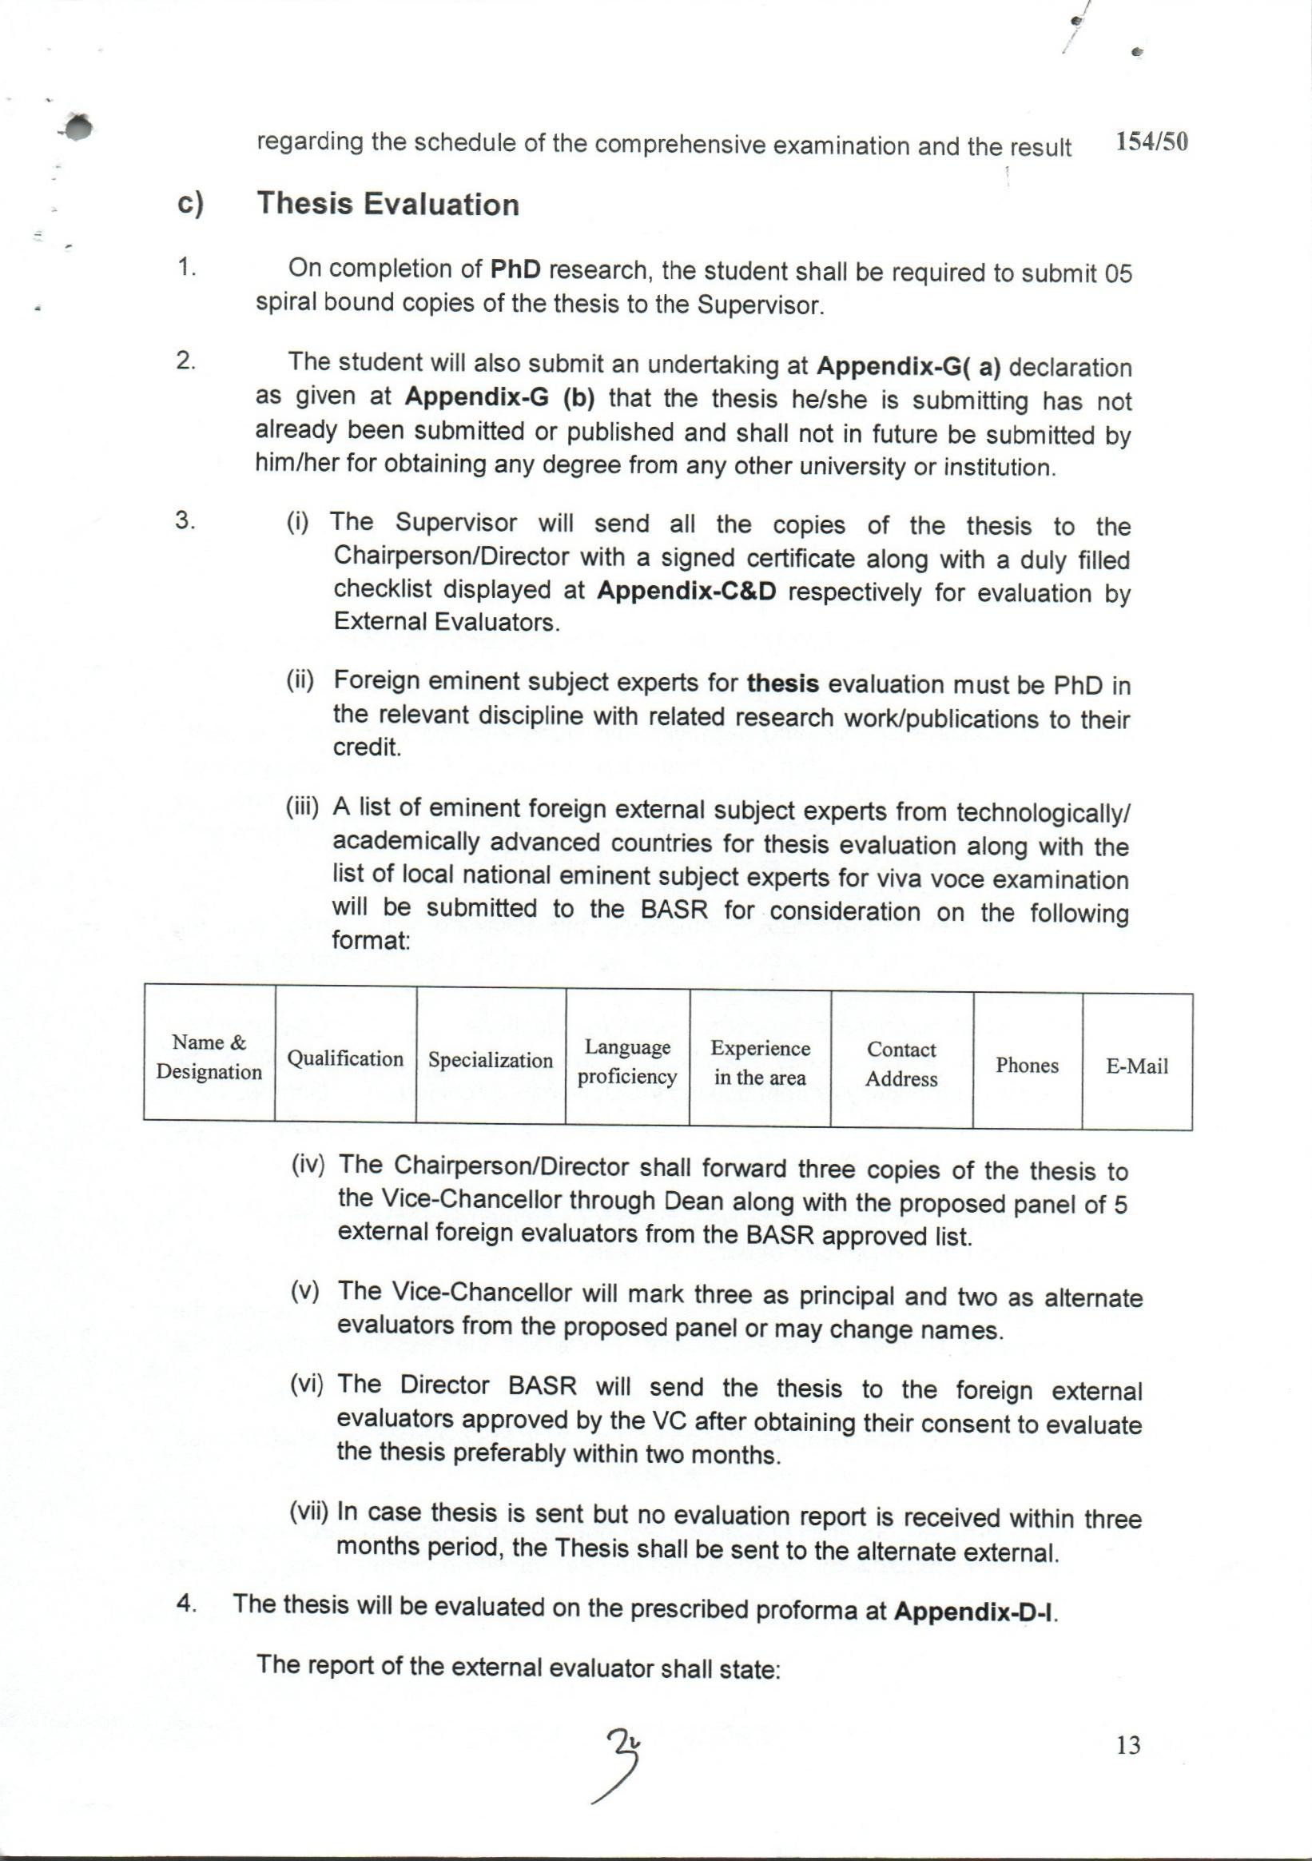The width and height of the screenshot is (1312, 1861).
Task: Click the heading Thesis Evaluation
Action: click(388, 205)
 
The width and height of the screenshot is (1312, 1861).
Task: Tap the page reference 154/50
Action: click(1151, 142)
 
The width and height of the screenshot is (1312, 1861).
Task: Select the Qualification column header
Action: click(345, 1058)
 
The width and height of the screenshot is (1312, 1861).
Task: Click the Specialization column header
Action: click(491, 1059)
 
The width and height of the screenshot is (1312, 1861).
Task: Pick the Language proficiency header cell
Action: click(627, 1062)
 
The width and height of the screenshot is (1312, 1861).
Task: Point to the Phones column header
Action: click(1027, 1065)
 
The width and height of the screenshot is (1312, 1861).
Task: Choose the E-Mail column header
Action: click(1137, 1066)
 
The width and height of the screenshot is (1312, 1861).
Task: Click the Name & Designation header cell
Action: click(209, 1057)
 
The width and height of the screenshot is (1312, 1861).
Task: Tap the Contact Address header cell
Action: click(901, 1063)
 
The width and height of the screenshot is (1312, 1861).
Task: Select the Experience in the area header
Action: click(760, 1062)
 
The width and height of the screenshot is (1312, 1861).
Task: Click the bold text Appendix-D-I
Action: click(975, 1610)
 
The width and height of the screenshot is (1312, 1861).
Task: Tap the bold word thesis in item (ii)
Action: click(783, 683)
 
